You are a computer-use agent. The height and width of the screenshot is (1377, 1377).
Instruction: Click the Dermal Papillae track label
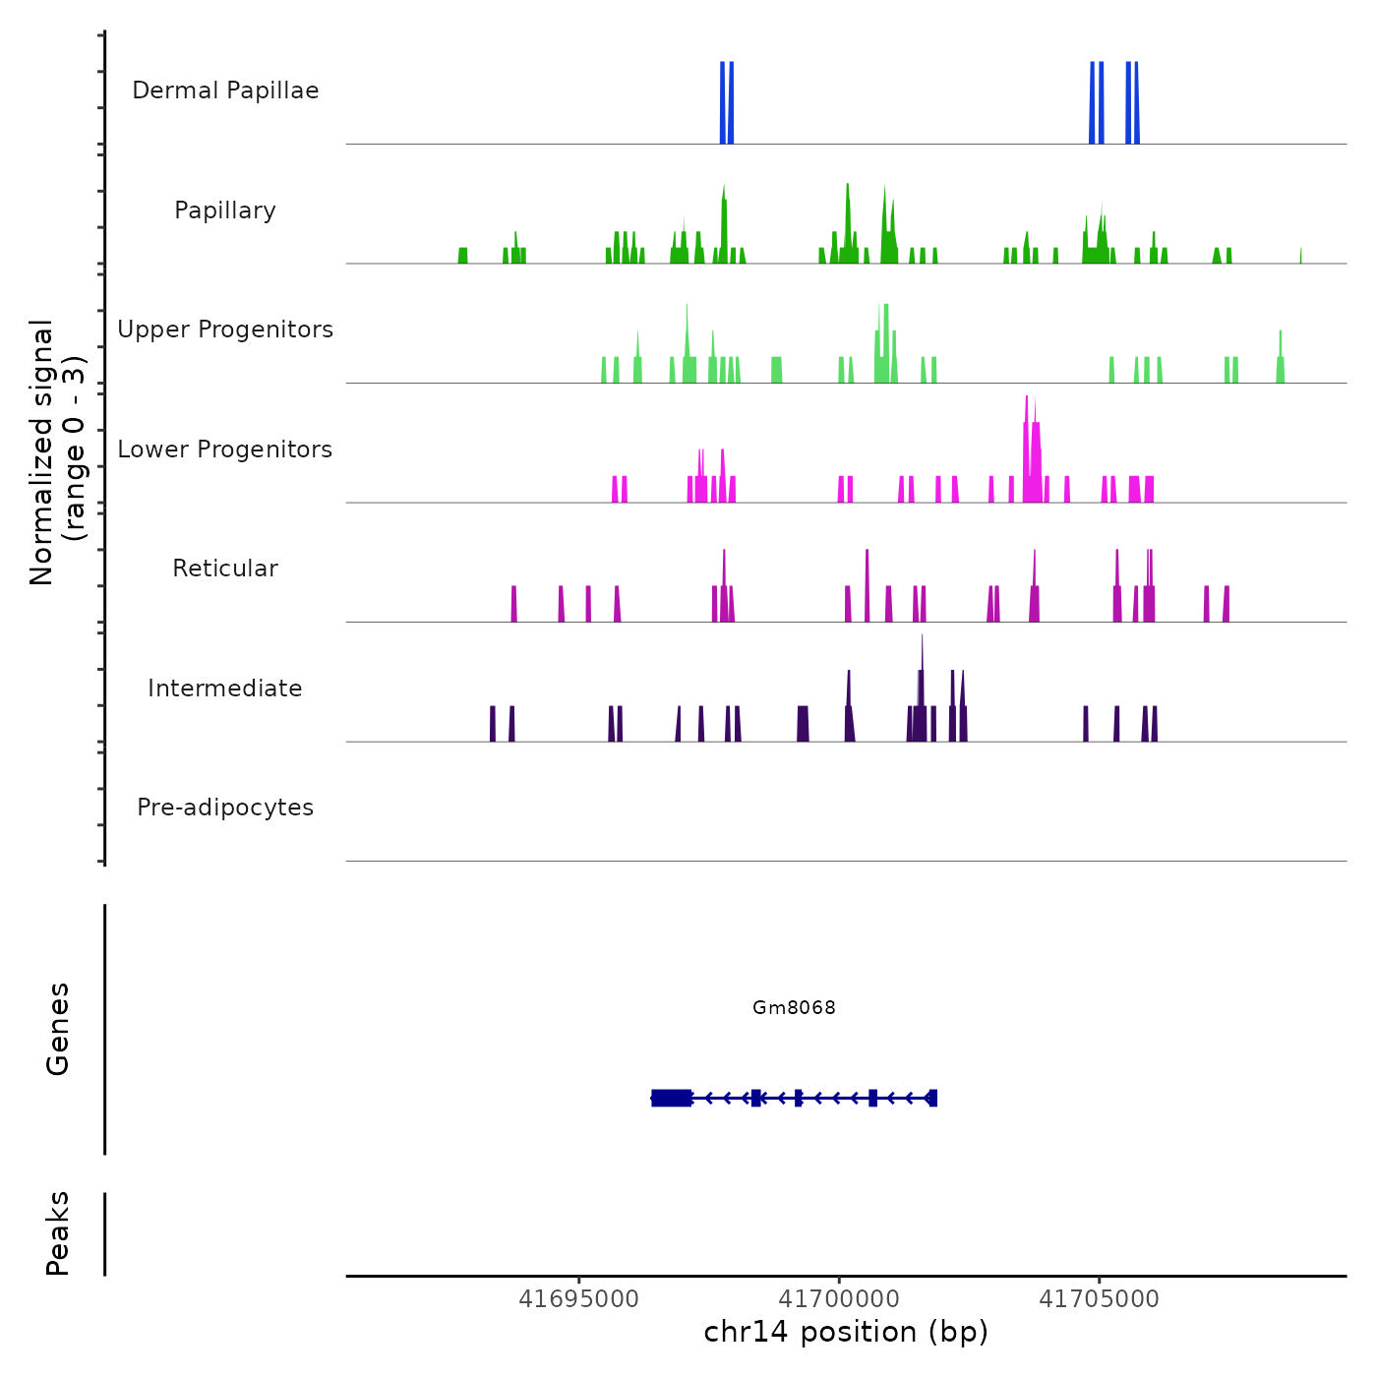tap(225, 90)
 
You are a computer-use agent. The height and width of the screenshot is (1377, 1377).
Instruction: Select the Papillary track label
tap(225, 210)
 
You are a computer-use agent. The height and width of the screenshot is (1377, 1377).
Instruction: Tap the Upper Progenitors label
tap(225, 329)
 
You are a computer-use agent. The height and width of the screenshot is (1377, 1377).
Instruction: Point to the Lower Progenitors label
tap(225, 449)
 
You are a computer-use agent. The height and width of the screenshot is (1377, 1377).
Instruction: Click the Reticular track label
tap(225, 569)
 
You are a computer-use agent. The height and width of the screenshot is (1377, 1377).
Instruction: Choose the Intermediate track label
tap(225, 688)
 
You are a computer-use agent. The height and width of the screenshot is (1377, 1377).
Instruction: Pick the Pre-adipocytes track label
tap(225, 808)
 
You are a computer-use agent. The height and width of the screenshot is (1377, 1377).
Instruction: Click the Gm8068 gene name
tap(794, 1007)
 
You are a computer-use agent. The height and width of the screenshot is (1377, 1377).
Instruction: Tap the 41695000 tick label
tap(578, 1299)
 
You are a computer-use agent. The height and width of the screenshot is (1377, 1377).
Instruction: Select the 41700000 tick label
tap(839, 1299)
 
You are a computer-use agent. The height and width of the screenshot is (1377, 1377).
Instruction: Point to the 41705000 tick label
tap(1100, 1299)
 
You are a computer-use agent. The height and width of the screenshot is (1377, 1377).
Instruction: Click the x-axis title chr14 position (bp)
tap(846, 1333)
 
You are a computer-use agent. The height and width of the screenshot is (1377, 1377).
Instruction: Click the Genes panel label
tap(57, 1029)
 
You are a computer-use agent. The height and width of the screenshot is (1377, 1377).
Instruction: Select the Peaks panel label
tap(57, 1233)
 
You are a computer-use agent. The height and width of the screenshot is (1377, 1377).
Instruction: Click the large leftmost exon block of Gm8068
tap(672, 1098)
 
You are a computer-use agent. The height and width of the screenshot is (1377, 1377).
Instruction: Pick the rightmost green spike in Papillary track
tap(1300, 256)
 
